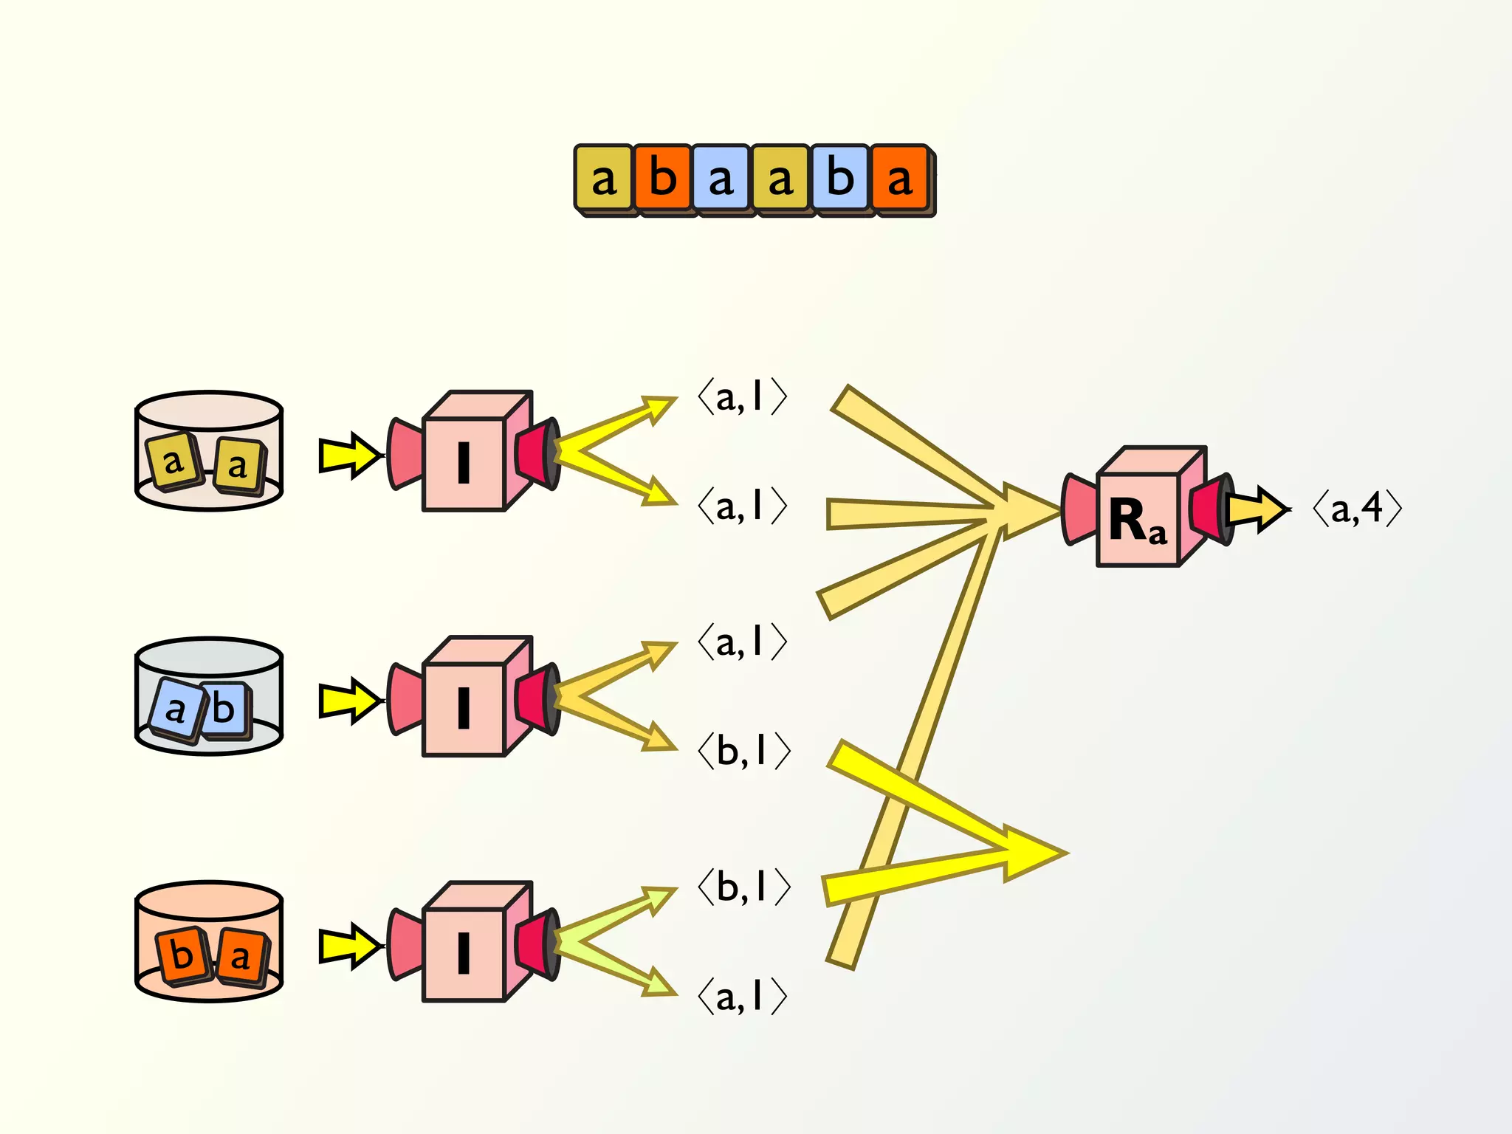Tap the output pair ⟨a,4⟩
1357,509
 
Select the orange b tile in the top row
662,178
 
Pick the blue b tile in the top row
840,178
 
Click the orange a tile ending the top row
899,178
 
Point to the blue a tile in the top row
721,178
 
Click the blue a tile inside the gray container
175,710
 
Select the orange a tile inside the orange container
241,957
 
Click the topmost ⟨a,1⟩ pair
743,398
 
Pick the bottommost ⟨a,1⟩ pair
743,997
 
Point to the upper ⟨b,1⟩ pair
744,752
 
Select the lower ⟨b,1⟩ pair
744,887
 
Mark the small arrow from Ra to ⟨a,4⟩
1257,509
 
